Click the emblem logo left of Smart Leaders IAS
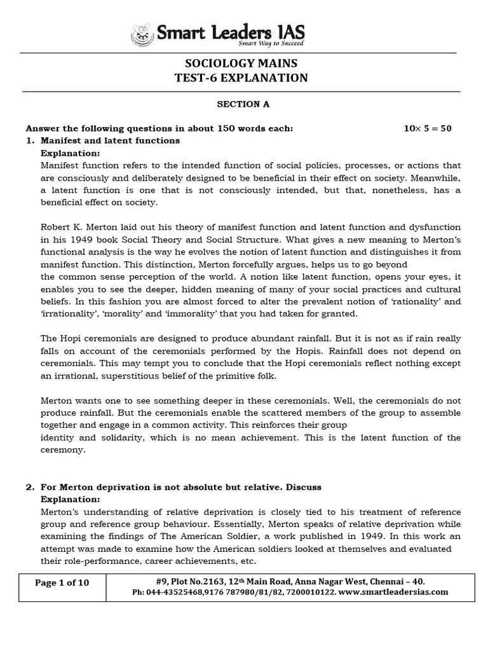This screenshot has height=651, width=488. pyautogui.click(x=142, y=34)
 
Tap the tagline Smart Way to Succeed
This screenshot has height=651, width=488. pyautogui.click(x=271, y=44)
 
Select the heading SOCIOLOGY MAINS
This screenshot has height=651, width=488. pyautogui.click(x=240, y=64)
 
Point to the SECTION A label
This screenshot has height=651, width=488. pyautogui.click(x=239, y=104)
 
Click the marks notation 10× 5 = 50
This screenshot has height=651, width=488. pyautogui.click(x=428, y=128)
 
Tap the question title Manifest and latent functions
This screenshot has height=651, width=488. pyautogui.click(x=110, y=140)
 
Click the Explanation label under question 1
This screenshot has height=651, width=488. pyautogui.click(x=71, y=153)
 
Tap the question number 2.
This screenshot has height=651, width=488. pyautogui.click(x=29, y=487)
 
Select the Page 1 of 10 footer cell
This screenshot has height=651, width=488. pyautogui.click(x=62, y=586)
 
